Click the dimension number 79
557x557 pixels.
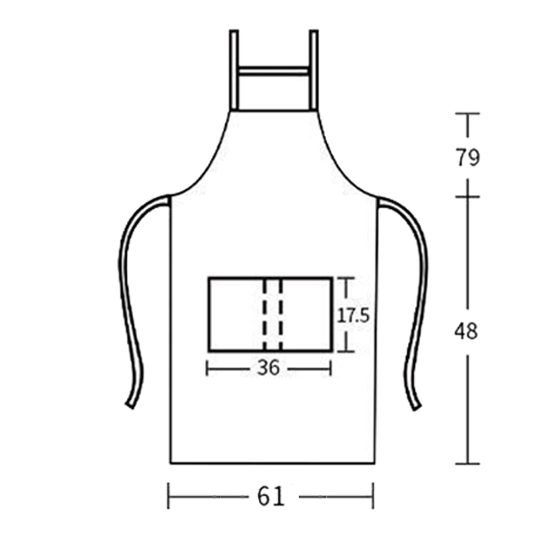468,157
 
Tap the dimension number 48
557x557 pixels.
466,332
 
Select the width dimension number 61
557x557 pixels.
271,496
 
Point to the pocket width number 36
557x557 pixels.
269,368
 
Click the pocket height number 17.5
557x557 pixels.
353,315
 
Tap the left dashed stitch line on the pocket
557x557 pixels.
265,315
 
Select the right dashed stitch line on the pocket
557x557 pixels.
281,315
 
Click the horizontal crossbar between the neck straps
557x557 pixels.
274,71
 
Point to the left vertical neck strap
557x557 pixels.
234,70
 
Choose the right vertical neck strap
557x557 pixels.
313,70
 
